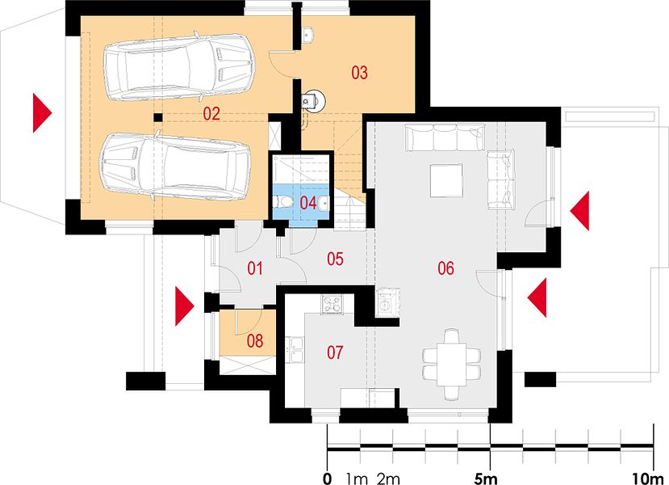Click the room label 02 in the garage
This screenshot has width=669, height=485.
coord(211,114)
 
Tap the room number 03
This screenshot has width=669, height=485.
coord(359,73)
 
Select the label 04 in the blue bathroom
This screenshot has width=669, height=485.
coord(308,203)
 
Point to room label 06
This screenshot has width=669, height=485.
coord(445,268)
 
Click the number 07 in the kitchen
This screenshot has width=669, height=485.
coord(335,352)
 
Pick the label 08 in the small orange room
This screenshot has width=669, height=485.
coord(255,341)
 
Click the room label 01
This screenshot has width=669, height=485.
coord(255,269)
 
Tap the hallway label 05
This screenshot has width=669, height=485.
coord(335,259)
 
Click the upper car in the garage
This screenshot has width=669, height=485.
coord(179,66)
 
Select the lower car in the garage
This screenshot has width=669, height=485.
coord(175,166)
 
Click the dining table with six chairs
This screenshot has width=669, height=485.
coord(451,364)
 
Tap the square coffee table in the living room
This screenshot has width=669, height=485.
coord(446,180)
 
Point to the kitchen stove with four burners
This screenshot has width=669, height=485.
coord(332,304)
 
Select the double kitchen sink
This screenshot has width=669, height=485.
coord(295,349)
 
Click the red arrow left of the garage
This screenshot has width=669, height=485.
coord(42,113)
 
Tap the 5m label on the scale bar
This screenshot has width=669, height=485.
coord(486,479)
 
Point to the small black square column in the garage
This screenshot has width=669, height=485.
coord(158,117)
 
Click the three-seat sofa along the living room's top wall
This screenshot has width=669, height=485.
coord(445,137)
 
